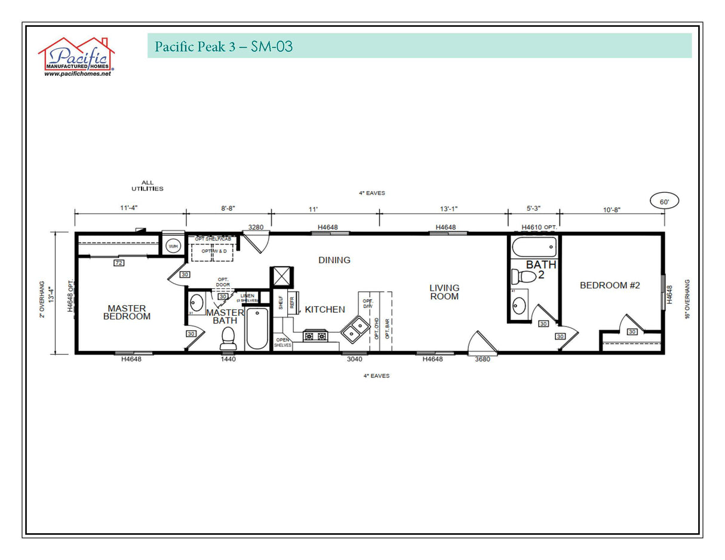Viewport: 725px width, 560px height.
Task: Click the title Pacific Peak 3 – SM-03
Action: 224,46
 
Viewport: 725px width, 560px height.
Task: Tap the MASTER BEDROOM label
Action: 127,312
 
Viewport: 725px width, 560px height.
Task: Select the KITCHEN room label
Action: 325,309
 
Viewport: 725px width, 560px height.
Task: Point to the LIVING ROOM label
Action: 444,292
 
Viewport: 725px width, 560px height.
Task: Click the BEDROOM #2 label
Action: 610,285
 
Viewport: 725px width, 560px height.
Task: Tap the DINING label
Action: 334,260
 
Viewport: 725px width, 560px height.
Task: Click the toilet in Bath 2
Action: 524,276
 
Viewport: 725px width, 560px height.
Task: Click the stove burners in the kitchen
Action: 315,336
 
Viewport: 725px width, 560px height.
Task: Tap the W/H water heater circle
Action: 173,246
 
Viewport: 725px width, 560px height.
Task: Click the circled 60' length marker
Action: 664,202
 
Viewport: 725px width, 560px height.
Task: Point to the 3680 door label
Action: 483,359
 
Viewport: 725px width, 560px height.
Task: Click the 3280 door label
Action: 256,227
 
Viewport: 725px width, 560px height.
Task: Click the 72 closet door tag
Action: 119,263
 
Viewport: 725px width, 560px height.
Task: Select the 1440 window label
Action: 228,359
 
